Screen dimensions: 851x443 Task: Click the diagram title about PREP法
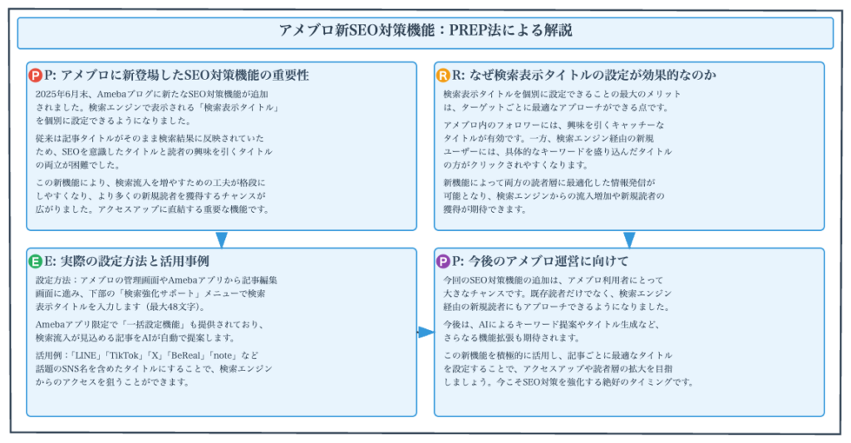pos(425,31)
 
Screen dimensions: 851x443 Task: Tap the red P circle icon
pos(36,76)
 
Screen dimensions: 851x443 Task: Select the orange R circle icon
pos(444,76)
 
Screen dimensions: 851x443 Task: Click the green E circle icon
pos(36,262)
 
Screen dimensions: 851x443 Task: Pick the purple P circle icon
pos(444,262)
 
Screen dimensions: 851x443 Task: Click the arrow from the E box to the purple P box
pos(425,332)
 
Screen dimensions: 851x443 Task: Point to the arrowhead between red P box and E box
pos(221,239)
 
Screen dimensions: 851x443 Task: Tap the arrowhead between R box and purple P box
pos(629,239)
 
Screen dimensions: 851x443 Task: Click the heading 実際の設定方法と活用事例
pos(135,262)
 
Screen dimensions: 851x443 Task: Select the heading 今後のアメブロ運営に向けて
pos(548,262)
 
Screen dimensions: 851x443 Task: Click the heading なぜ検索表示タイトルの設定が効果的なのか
pos(592,76)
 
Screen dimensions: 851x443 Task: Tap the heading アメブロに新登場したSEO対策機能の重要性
pos(184,76)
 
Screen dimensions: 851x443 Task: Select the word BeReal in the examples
pos(186,356)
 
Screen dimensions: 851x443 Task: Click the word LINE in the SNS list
pos(86,356)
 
